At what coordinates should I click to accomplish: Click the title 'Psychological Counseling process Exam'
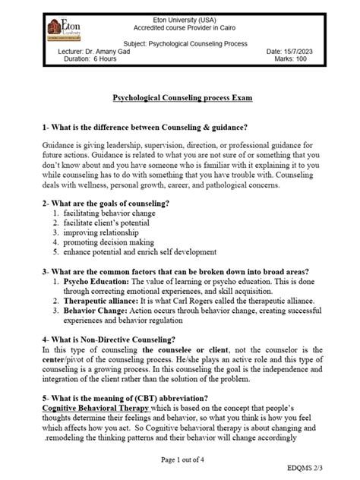coord(183,98)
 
